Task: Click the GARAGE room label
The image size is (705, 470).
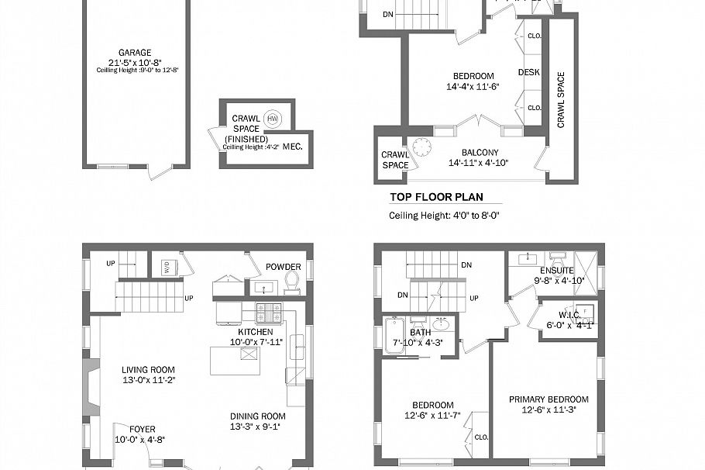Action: click(135, 53)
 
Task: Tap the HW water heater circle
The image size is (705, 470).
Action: click(272, 119)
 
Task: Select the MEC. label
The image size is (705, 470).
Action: click(293, 146)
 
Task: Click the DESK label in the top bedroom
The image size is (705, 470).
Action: click(529, 72)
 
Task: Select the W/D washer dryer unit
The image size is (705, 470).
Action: click(166, 268)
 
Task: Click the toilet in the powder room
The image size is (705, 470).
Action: click(292, 279)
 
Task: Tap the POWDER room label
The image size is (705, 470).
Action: click(283, 266)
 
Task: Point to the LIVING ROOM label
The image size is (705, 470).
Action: click(148, 370)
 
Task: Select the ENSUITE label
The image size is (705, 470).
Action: click(556, 270)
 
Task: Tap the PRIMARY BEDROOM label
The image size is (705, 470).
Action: click(549, 399)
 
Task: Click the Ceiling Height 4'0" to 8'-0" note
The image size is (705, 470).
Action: click(443, 216)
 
